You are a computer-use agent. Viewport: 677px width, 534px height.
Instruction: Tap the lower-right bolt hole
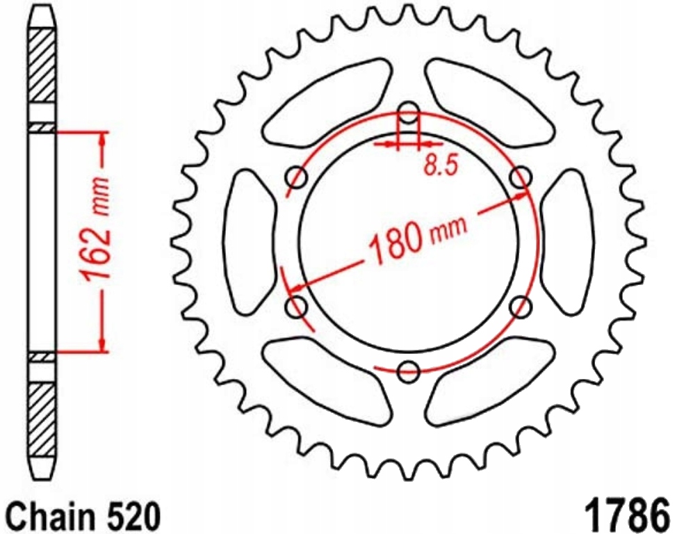click(x=522, y=305)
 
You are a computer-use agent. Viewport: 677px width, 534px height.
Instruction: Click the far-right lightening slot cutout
click(x=568, y=241)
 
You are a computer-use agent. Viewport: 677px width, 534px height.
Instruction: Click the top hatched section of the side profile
click(x=42, y=66)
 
